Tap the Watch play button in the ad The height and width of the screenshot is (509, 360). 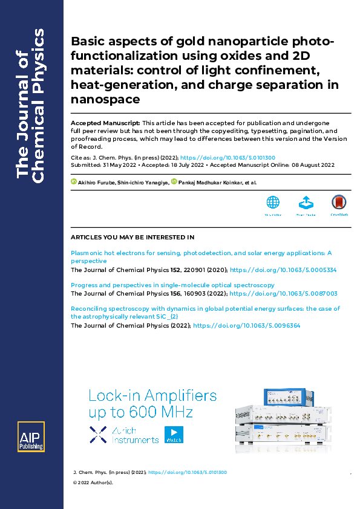174,435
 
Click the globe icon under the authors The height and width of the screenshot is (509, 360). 273,203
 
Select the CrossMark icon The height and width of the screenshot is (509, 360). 339,203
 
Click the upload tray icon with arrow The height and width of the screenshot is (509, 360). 306,203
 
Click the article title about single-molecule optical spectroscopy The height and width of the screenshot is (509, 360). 172,285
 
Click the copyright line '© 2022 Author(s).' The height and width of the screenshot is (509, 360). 93,482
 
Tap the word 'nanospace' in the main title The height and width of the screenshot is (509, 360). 105,99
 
